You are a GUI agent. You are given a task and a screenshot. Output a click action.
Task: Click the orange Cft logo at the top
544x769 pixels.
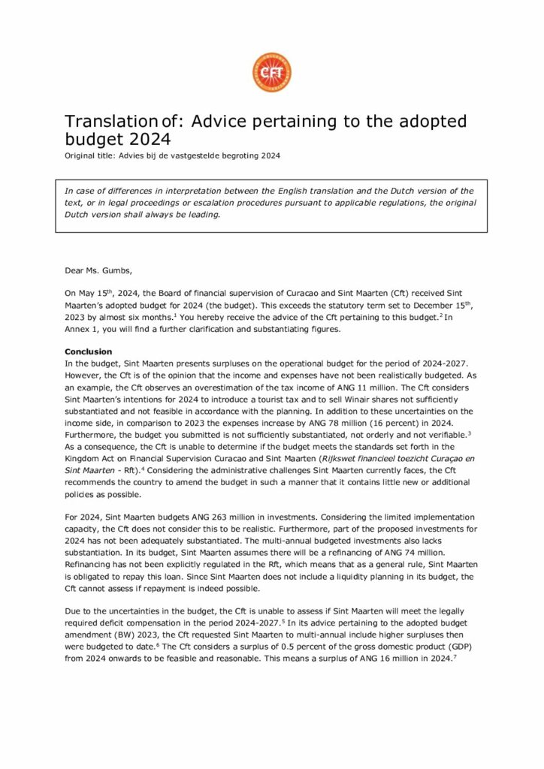[272, 73]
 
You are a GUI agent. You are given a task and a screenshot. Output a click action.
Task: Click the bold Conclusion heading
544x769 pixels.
[88, 351]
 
